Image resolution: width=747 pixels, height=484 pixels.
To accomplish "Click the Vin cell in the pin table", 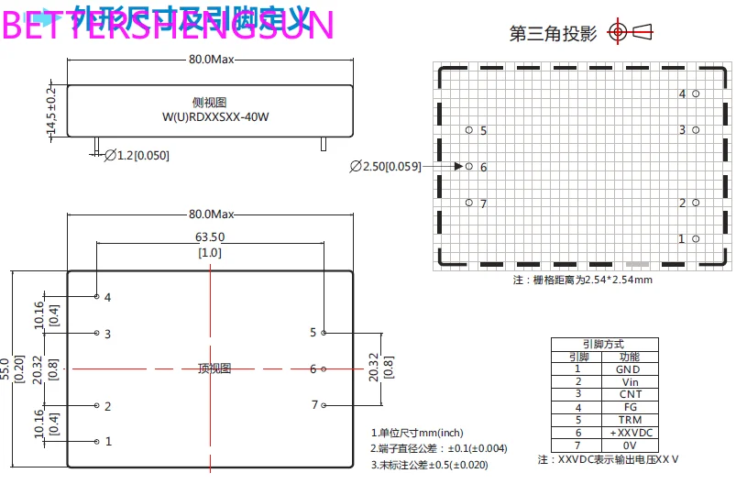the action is click(628, 381).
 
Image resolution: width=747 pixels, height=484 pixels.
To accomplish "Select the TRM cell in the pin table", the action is click(628, 419).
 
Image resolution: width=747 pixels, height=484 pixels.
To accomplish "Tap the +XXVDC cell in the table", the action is click(628, 432).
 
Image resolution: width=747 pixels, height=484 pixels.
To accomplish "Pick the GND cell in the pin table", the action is click(628, 369).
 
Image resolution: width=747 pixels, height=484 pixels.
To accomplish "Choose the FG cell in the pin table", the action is click(628, 407).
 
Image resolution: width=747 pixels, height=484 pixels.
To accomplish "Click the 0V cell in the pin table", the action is click(628, 445).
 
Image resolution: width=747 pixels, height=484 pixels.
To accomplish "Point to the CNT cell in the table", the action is click(628, 394).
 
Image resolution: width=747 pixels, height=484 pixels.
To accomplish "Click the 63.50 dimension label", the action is click(211, 236).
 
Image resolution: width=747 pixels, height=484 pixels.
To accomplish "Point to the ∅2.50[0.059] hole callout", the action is click(385, 167).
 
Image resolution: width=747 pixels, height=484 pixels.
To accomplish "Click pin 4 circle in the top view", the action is click(97, 296).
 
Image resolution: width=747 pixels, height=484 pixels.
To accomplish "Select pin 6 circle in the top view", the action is click(324, 368).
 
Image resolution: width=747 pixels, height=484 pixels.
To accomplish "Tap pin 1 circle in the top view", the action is click(97, 441).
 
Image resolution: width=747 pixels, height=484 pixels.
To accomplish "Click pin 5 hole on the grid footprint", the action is click(469, 130).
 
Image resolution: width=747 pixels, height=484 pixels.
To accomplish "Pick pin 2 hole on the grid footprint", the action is click(696, 203).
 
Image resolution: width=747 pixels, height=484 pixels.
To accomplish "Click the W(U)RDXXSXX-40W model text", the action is click(211, 116).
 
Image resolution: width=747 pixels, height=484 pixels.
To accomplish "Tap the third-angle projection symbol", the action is click(632, 33).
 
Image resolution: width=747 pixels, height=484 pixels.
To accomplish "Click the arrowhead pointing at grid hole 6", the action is click(458, 167).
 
